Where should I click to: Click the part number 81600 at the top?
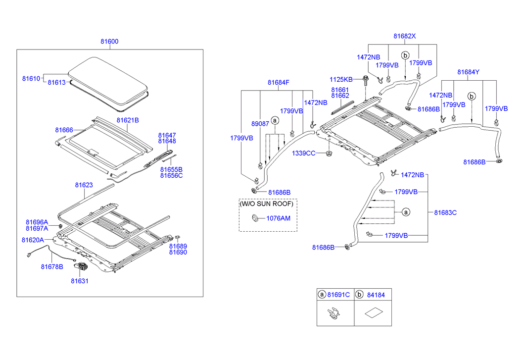point(109,42)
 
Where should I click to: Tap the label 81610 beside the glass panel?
point(30,78)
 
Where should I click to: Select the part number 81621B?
point(128,120)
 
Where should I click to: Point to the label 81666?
point(64,130)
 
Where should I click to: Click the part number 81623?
point(84,185)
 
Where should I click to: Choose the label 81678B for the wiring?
point(52,266)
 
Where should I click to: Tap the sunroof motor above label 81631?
point(81,268)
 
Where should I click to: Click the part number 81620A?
point(33,240)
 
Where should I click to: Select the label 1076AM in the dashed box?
point(279,218)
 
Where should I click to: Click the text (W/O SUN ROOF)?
point(267,204)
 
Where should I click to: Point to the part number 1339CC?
point(303,154)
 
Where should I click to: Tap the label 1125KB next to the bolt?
point(341,79)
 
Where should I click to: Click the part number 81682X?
point(405,36)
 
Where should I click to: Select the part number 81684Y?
point(468,72)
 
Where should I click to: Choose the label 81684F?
point(279,82)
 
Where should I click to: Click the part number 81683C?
point(445,212)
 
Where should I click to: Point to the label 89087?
point(260,124)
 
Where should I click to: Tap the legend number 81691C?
point(338,295)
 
